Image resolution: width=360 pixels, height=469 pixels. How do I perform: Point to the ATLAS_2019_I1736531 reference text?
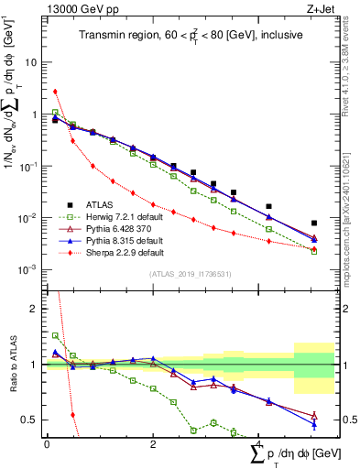pos(184,274)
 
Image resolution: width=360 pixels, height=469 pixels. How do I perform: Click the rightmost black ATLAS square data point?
pos(314,223)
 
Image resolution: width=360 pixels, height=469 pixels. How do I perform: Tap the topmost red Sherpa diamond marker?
pos(56,92)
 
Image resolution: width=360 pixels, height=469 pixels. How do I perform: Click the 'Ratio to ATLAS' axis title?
pos(12,363)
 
